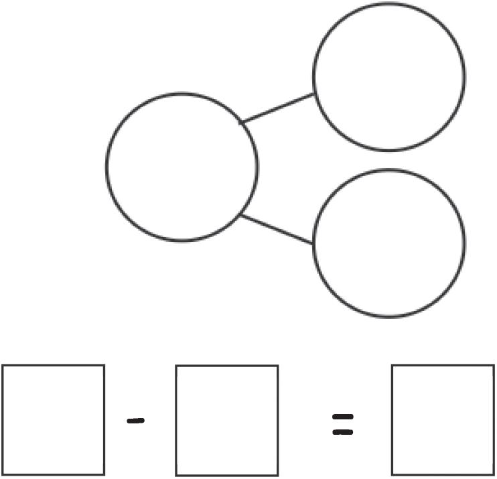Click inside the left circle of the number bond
tap(182, 167)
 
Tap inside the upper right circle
tap(388, 75)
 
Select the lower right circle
tap(388, 242)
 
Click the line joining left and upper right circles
tap(277, 109)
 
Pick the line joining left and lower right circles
tap(277, 229)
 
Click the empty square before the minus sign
tap(53, 419)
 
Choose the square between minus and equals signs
tap(226, 420)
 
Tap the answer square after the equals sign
tap(443, 419)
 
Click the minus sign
tap(136, 421)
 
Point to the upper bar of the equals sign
tap(343, 417)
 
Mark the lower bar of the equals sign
tap(343, 432)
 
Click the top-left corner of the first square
tap(3, 366)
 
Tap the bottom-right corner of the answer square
tap(494, 474)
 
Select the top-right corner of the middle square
tap(277, 366)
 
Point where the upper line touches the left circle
tap(242, 123)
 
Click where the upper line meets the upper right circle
tap(314, 94)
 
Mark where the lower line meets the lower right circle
tap(313, 243)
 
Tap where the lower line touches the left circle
tap(241, 215)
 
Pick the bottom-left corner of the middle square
tap(176, 474)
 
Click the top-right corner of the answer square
tap(494, 366)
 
